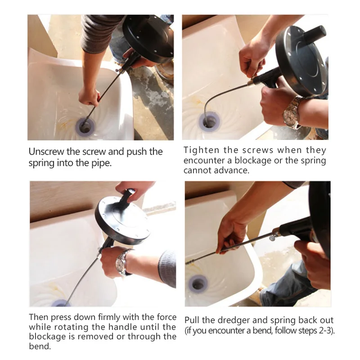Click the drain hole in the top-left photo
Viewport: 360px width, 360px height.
click(x=85, y=127)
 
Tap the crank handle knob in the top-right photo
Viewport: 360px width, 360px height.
click(x=315, y=33)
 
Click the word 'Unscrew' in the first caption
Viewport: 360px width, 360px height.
click(x=46, y=152)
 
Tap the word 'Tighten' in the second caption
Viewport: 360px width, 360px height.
click(x=201, y=150)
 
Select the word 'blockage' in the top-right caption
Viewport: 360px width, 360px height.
click(x=253, y=161)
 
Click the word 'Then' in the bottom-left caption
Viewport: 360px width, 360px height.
click(x=38, y=317)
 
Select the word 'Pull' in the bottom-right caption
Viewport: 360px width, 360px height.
click(x=192, y=320)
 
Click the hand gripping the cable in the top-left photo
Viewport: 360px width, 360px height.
click(x=89, y=96)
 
